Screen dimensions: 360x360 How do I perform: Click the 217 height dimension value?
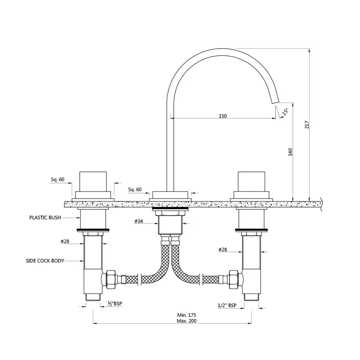tap(307, 125)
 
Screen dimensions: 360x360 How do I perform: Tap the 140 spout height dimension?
tap(290, 152)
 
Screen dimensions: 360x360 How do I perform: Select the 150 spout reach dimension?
tap(222, 116)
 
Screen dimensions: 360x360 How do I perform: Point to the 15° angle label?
tap(285, 111)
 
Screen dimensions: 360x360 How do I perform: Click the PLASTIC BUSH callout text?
tap(45, 217)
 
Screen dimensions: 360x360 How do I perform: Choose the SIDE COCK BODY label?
tap(45, 261)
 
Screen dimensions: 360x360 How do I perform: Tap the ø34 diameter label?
tap(139, 221)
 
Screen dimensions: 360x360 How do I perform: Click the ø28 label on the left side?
tap(65, 241)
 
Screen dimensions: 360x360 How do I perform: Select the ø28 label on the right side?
tap(223, 250)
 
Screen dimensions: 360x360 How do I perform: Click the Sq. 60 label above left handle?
tap(58, 179)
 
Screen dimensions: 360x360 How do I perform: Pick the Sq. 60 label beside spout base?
tap(135, 189)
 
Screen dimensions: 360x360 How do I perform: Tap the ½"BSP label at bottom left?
tap(115, 303)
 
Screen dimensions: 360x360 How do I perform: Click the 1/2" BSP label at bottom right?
tap(227, 306)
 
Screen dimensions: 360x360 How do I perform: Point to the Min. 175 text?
tap(187, 315)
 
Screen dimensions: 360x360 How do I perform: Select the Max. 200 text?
tap(187, 321)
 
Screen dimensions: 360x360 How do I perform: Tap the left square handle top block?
tap(93, 181)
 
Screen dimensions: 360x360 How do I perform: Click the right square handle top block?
tap(252, 181)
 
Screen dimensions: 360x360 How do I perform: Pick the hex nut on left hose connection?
tap(110, 279)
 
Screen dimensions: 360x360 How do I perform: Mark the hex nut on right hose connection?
tap(234, 279)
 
